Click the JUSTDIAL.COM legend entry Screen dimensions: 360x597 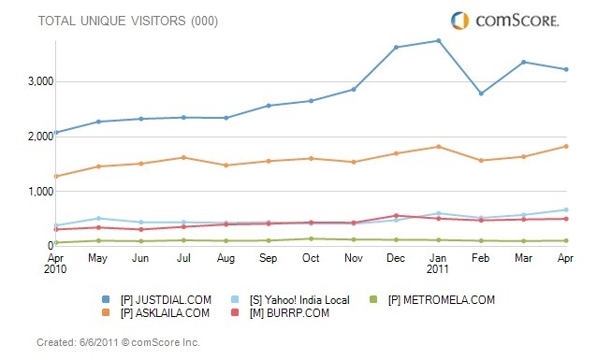pyautogui.click(x=167, y=299)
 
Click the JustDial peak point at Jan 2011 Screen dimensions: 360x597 pyautogui.click(x=438, y=40)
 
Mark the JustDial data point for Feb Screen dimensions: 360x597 pyautogui.click(x=481, y=94)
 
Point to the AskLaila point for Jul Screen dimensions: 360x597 pyautogui.click(x=183, y=157)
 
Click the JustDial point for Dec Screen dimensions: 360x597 pyautogui.click(x=396, y=47)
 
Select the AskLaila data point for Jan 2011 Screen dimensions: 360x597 pyautogui.click(x=438, y=147)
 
